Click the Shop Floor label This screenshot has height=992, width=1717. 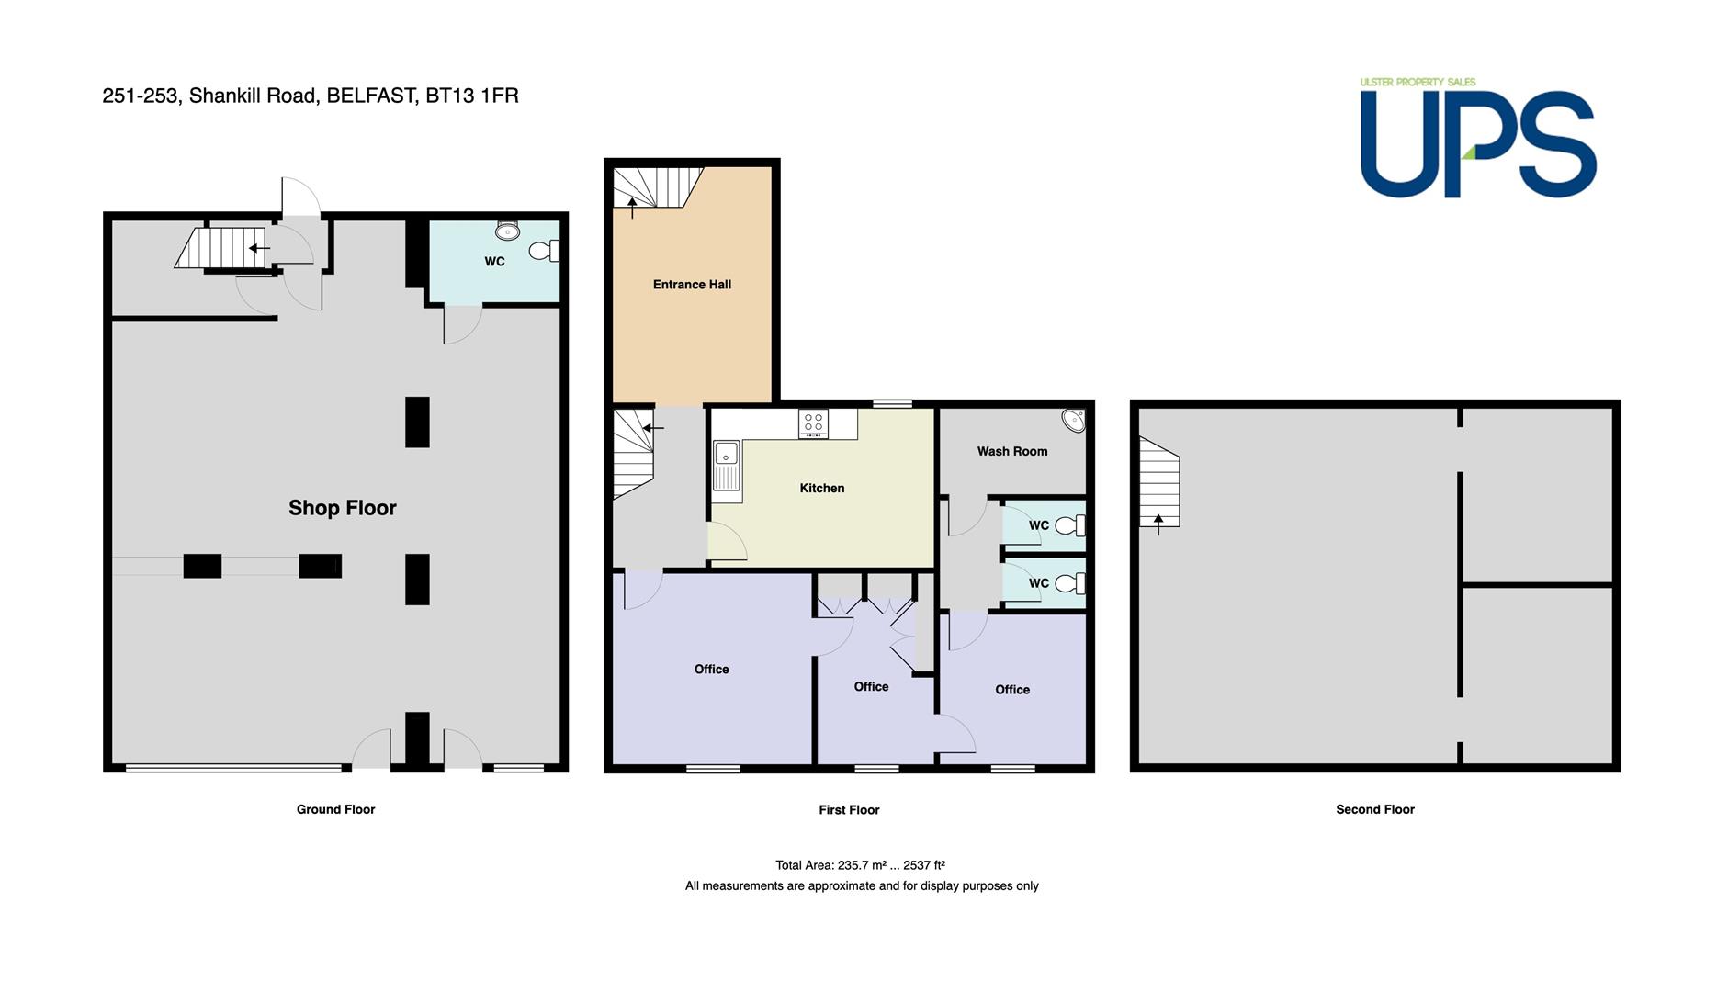343,508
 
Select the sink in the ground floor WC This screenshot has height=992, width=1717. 507,229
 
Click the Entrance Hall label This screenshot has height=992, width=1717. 692,285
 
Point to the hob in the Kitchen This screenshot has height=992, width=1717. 813,423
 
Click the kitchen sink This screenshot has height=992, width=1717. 727,465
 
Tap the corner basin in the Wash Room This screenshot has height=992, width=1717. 1074,421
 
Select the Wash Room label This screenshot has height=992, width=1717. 1012,451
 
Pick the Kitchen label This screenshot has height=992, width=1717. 822,488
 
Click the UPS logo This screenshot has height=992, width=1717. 1478,143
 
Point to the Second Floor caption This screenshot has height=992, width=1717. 1375,809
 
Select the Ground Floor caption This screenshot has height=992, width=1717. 335,809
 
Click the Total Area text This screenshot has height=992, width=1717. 861,865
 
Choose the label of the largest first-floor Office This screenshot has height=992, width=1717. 711,670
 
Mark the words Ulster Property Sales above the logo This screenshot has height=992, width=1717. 1418,82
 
